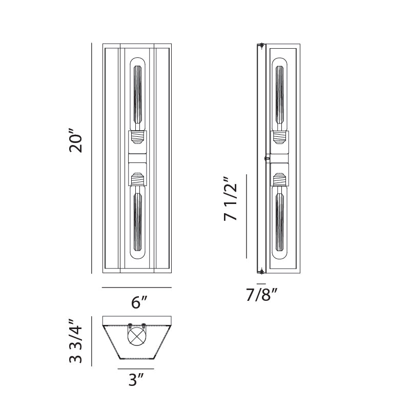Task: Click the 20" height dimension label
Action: click(x=76, y=140)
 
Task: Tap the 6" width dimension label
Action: click(x=139, y=302)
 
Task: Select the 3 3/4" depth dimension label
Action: click(x=76, y=341)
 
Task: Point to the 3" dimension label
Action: click(x=136, y=379)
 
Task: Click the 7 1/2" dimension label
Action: click(x=230, y=199)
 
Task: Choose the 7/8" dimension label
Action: click(x=261, y=295)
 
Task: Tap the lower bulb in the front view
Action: click(x=137, y=222)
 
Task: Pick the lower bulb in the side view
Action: click(x=279, y=222)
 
